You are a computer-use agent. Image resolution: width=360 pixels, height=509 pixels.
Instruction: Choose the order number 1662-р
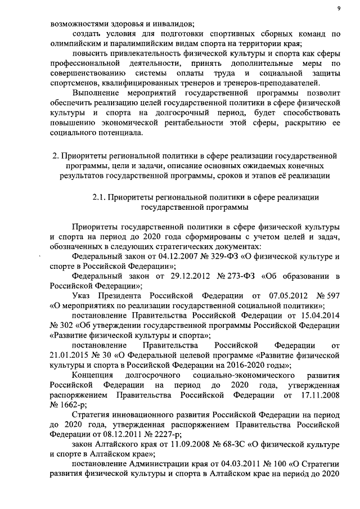coord(74,405)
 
